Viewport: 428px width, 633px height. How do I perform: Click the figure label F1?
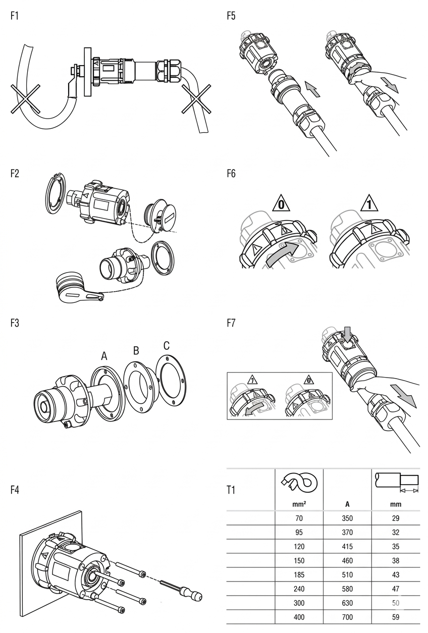[x=15, y=16]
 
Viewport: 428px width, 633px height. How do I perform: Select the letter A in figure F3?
[x=104, y=356]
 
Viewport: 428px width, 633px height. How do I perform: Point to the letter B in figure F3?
[x=136, y=350]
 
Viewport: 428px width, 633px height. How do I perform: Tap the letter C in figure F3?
[x=166, y=346]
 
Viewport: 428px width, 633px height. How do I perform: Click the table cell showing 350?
[x=347, y=518]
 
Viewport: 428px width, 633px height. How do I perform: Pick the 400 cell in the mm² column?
[x=299, y=617]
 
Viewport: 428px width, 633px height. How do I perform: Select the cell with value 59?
[x=395, y=617]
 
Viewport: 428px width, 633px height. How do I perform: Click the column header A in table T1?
[x=347, y=504]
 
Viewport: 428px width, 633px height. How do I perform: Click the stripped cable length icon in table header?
[x=397, y=482]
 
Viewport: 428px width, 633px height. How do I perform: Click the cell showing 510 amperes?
[x=347, y=574]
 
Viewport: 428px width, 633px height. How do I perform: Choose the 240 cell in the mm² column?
[x=299, y=589]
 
